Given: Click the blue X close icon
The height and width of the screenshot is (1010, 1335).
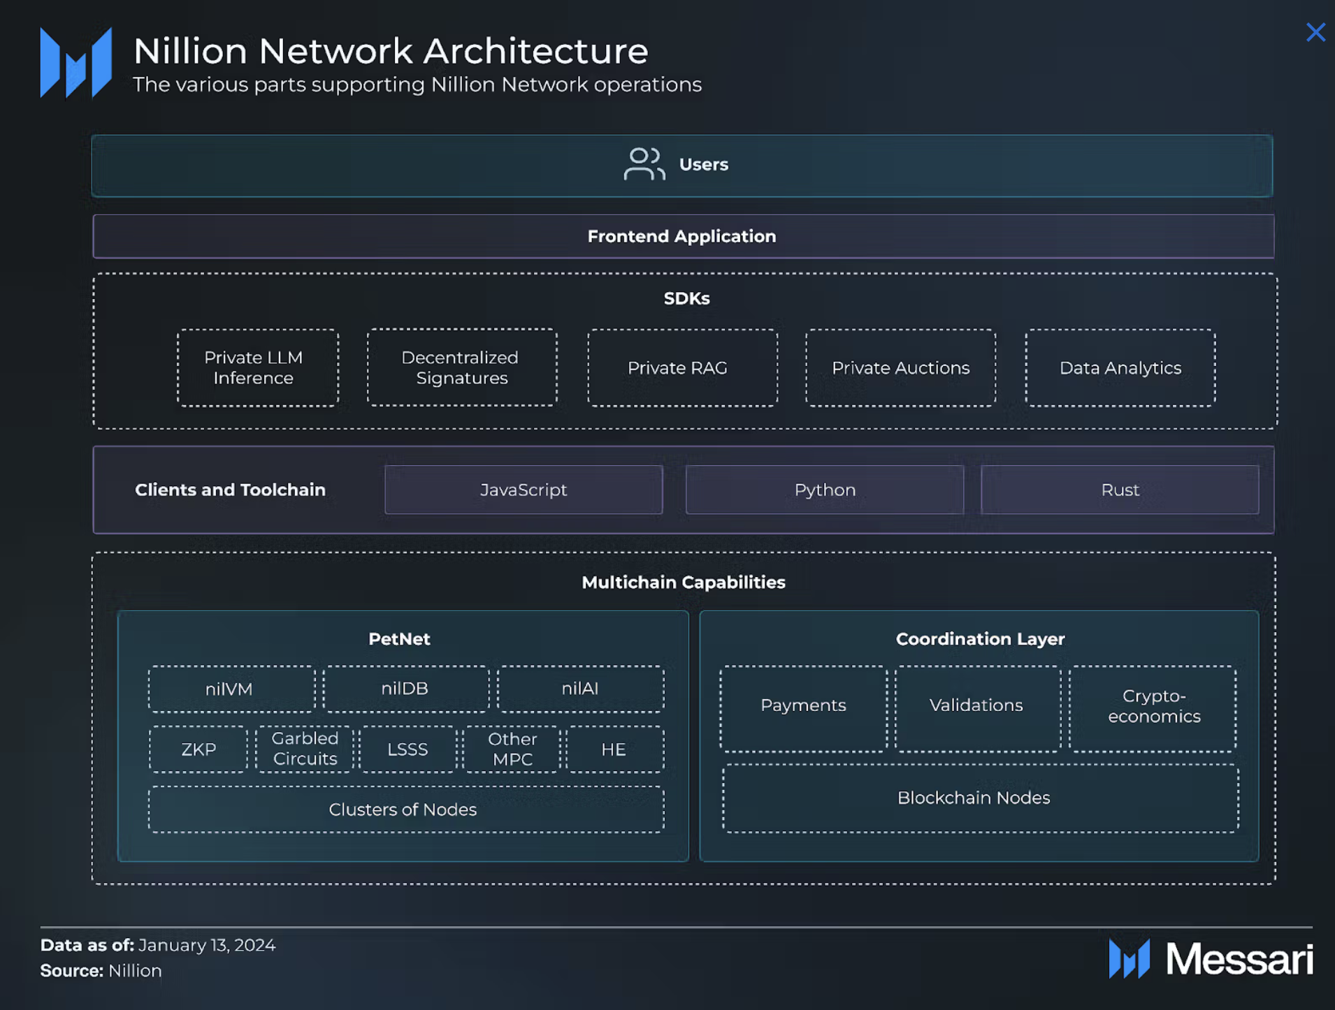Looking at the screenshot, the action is (x=1315, y=32).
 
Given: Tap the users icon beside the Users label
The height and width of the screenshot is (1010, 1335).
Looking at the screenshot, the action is (x=644, y=164).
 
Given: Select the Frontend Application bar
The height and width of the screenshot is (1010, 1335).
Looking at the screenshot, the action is (x=683, y=236).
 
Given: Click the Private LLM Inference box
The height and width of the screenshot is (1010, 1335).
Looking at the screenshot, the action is (x=257, y=367).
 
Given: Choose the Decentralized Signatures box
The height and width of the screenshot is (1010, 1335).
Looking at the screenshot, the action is (x=462, y=367).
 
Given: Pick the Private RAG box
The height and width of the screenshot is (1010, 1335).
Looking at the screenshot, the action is (x=682, y=367).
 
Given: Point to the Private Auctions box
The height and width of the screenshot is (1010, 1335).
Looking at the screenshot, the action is (x=900, y=367).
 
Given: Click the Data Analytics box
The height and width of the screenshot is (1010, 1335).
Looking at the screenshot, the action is (x=1120, y=367).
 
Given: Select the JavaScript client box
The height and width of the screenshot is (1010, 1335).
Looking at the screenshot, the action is (x=524, y=490).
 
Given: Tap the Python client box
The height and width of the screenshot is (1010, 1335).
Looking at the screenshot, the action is (x=825, y=490).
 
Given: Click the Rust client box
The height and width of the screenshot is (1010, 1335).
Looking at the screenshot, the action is (x=1120, y=490).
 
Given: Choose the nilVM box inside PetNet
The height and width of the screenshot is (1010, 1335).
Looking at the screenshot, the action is (x=231, y=689).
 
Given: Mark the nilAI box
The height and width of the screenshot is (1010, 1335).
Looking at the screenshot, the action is (x=580, y=689).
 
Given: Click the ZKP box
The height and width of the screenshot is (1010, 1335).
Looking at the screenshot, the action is (x=199, y=749).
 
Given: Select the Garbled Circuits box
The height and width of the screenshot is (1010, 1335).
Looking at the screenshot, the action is (x=305, y=749).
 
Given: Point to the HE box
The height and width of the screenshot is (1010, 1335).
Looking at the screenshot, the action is (x=614, y=749).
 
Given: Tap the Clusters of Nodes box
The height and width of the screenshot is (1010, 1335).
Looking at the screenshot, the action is (x=406, y=809).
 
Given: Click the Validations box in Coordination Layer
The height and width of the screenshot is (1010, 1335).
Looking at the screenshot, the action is (x=977, y=708).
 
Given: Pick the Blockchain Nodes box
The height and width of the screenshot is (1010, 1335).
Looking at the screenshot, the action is (x=980, y=798).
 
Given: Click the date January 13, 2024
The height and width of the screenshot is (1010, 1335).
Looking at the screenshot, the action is (x=207, y=945).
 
